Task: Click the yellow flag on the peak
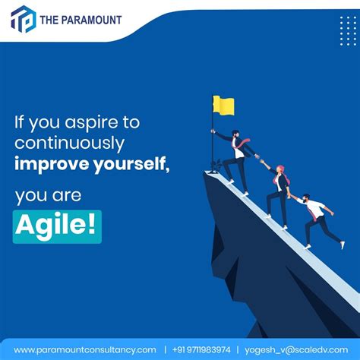click(223, 106)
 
